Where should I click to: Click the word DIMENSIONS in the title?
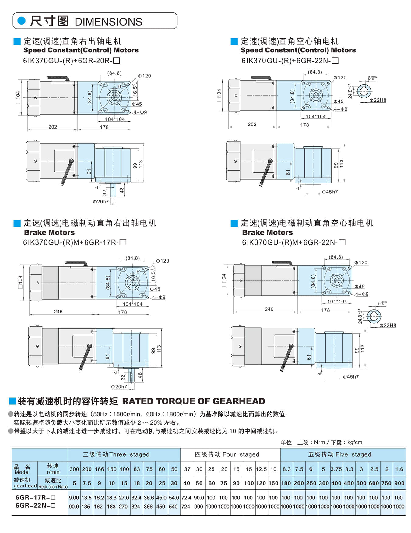108,22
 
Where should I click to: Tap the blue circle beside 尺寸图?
22,21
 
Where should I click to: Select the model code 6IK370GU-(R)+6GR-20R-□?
72,61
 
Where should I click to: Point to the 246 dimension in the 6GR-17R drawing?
58,312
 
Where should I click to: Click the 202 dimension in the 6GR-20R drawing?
53,127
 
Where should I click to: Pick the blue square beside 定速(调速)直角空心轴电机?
234,41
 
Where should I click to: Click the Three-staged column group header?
116,454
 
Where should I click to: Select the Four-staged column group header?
227,454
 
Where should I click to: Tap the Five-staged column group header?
339,454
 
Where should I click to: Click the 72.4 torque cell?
186,498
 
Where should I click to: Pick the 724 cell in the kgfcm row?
186,507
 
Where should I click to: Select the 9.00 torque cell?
74,498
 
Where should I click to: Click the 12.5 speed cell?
261,469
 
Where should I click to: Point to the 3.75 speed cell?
336,469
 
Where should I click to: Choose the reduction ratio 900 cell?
399,483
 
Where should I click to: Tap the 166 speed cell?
99,469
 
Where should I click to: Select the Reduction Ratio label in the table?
53,487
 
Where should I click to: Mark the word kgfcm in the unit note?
355,442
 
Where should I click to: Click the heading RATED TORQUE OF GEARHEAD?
194,401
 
